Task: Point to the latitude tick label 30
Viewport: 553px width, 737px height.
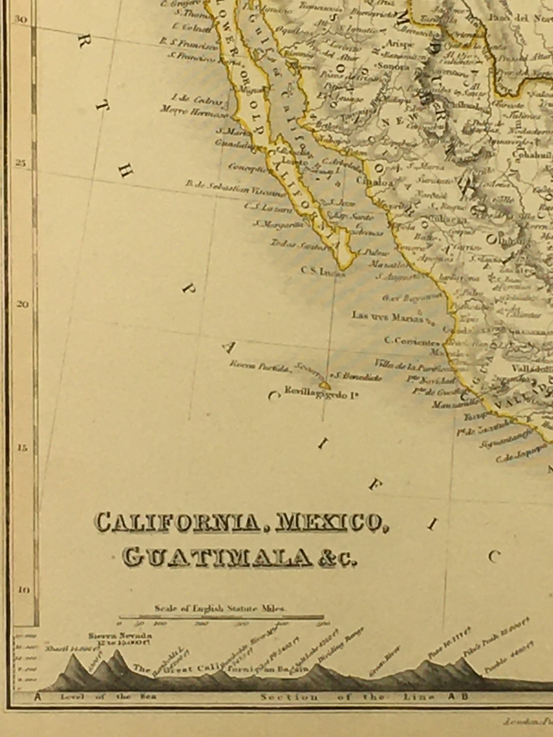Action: click(20, 20)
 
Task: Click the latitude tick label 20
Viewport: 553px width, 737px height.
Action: click(22, 305)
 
